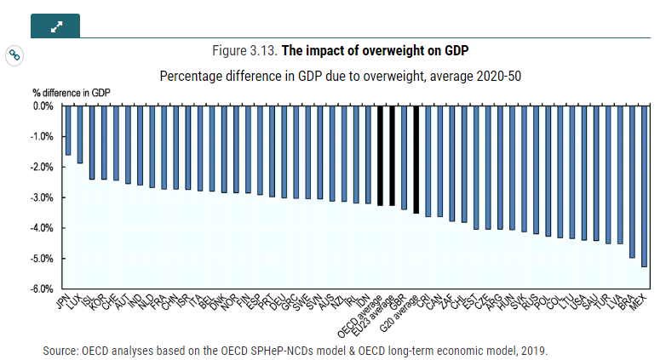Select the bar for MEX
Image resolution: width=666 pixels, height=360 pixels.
[644, 186]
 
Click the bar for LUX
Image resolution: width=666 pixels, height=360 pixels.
[80, 134]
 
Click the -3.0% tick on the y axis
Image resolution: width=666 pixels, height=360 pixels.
[42, 197]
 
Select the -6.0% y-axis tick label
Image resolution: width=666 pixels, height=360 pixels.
[42, 289]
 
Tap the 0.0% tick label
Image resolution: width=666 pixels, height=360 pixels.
[43, 106]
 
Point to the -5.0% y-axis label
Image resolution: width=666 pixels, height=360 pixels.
[42, 259]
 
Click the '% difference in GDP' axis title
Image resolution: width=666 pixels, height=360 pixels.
[72, 92]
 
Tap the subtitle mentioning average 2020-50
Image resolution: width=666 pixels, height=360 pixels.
[341, 75]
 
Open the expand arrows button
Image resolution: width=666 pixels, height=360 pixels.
[55, 26]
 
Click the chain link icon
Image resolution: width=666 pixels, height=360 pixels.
[14, 55]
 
